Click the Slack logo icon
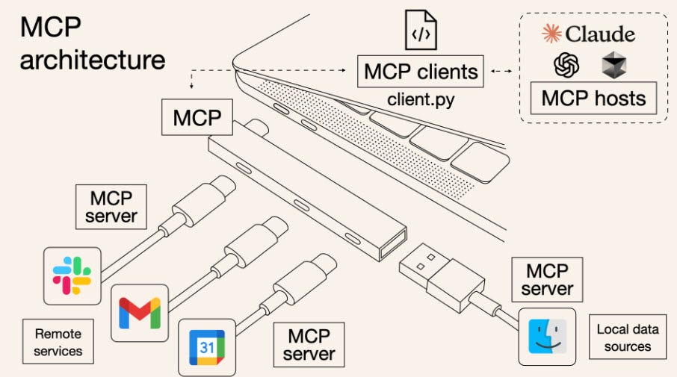pyautogui.click(x=72, y=275)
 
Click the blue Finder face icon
pyautogui.click(x=548, y=337)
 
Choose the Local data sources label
pyautogui.click(x=624, y=337)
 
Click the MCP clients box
pyautogui.click(x=421, y=72)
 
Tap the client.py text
pyautogui.click(x=421, y=99)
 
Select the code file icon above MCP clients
pyautogui.click(x=421, y=31)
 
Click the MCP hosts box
pyautogui.click(x=593, y=99)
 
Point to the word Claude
pyautogui.click(x=600, y=34)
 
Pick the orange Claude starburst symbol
pyautogui.click(x=551, y=34)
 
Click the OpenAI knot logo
pyautogui.click(x=566, y=67)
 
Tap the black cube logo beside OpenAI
pyautogui.click(x=613, y=67)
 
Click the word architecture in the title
pyautogui.click(x=93, y=59)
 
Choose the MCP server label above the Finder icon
pyautogui.click(x=548, y=279)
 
